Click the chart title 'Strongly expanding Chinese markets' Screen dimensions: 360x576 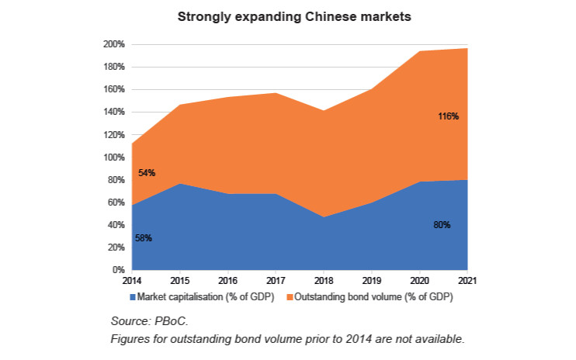pyautogui.click(x=287, y=16)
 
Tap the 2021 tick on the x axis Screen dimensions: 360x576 pyautogui.click(x=467, y=280)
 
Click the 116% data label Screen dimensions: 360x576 pyautogui.click(x=449, y=116)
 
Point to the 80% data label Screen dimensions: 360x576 pyautogui.click(x=442, y=225)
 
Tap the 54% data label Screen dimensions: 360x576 pyautogui.click(x=147, y=173)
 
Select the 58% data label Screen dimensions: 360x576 pyautogui.click(x=144, y=238)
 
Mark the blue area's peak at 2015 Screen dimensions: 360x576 pyautogui.click(x=181, y=184)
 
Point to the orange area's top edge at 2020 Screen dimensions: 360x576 pyautogui.click(x=420, y=51)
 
